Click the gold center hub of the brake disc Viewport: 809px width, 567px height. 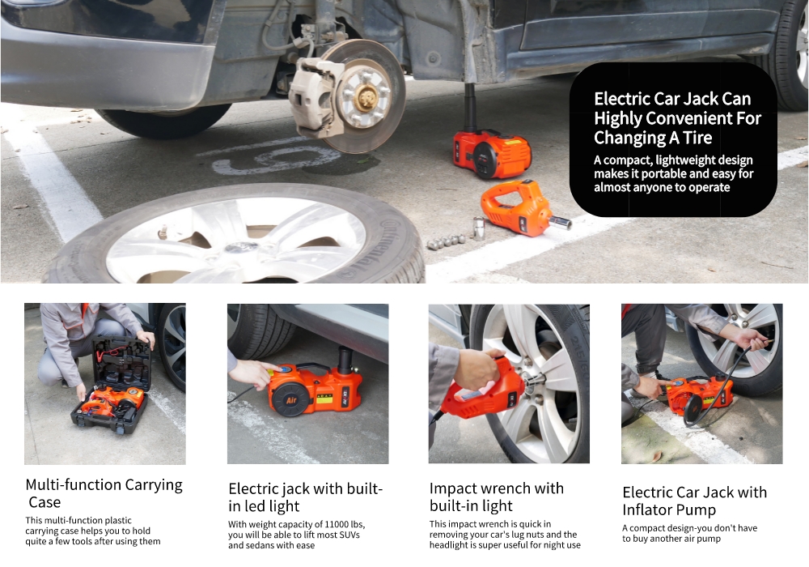click(366, 97)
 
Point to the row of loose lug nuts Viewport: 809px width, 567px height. click(447, 241)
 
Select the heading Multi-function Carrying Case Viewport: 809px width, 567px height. click(104, 493)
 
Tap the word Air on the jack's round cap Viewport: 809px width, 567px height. click(291, 401)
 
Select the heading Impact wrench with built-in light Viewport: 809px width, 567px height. click(497, 497)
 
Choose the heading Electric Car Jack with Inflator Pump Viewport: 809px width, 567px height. click(694, 501)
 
